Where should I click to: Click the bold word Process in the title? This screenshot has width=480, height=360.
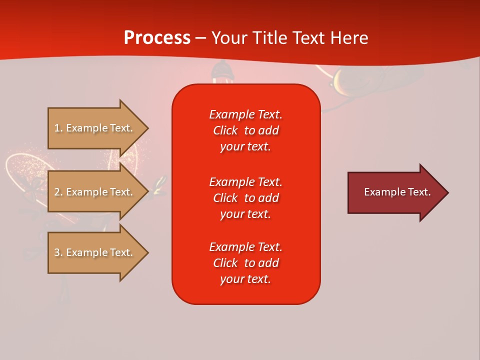coord(157,38)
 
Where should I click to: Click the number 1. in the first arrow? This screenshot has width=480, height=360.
coord(58,128)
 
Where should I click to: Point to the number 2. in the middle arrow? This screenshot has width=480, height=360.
coord(58,192)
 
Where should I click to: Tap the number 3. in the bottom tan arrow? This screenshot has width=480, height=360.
coord(58,252)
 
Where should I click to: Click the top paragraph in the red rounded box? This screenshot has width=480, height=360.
coord(245,130)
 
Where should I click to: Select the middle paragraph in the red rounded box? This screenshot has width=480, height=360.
coord(245,198)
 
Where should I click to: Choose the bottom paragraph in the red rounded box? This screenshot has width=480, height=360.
coord(245,263)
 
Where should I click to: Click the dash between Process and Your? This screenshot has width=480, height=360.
coord(200,38)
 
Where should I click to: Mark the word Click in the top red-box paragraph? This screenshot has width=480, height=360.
coord(225,130)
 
